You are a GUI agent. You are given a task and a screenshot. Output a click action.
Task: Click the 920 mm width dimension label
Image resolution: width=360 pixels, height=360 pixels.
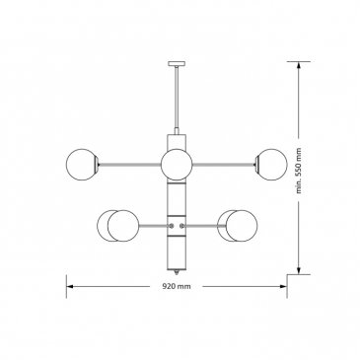[x=177, y=286]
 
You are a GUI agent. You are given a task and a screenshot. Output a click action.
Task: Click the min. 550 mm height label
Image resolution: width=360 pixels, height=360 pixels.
[x=299, y=171]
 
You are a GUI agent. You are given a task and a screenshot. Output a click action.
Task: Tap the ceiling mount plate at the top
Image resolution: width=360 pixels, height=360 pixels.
[x=177, y=63]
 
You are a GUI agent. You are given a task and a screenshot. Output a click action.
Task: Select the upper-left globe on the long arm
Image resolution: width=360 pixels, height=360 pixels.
[x=82, y=165]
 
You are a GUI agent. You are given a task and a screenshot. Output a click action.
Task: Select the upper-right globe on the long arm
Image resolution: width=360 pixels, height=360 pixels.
[x=271, y=165]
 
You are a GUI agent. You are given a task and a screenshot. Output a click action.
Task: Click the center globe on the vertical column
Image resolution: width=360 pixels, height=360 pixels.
[x=177, y=165]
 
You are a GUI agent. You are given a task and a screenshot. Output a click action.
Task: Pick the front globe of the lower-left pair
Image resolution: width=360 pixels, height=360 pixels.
[x=123, y=226]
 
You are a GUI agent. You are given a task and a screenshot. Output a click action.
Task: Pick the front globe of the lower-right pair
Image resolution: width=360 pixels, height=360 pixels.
[x=242, y=226]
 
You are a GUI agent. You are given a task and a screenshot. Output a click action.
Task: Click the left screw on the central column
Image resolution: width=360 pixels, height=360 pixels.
[x=172, y=226]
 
